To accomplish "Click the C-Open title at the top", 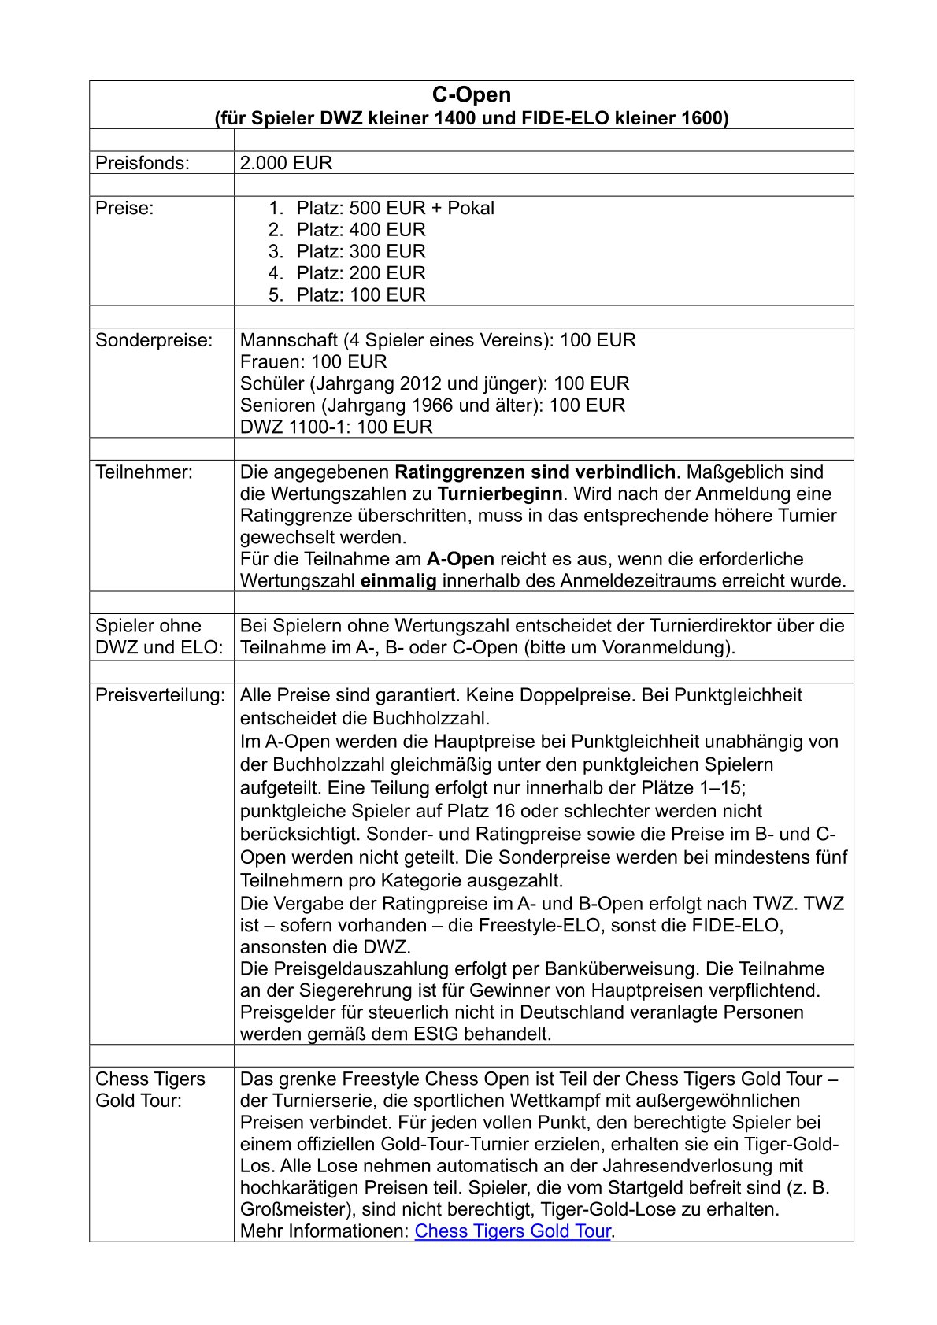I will coord(471,95).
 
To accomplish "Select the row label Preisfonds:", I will coord(143,163).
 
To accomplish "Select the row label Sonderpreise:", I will coord(154,340).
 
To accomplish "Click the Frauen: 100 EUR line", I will coord(313,362).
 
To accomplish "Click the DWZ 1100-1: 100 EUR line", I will coord(336,427).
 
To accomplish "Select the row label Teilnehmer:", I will coord(143,472).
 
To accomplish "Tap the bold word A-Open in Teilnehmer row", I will coord(461,560).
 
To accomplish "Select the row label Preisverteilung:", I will coord(160,695).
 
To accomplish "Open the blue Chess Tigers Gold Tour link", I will coord(513,1231).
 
